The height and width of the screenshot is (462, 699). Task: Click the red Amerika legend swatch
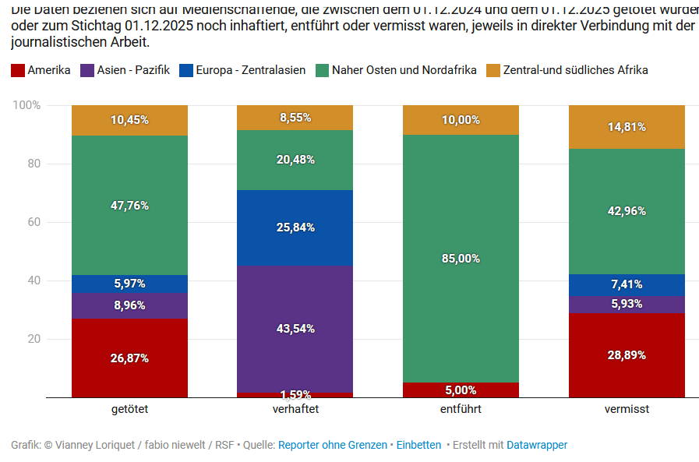point(18,71)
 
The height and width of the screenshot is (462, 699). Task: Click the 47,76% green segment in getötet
point(129,206)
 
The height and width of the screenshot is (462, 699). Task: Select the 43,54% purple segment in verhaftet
point(295,329)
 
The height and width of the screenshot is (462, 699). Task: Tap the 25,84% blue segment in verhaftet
point(295,227)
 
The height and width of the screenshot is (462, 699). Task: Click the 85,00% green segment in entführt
point(461,259)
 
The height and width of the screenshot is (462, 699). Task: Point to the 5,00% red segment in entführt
point(461,390)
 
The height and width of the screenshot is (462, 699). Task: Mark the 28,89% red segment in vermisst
point(627,354)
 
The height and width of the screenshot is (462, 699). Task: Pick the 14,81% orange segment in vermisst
point(627,127)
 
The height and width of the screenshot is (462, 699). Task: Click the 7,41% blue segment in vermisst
point(627,284)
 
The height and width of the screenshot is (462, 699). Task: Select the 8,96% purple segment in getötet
point(129,305)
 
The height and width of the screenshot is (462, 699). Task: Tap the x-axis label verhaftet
point(295,408)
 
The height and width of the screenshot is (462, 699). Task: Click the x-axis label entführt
point(461,408)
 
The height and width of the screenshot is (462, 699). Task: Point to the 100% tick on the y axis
point(26,105)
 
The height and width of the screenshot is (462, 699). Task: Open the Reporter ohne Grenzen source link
point(332,445)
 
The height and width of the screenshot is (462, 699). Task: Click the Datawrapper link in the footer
point(537,445)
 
